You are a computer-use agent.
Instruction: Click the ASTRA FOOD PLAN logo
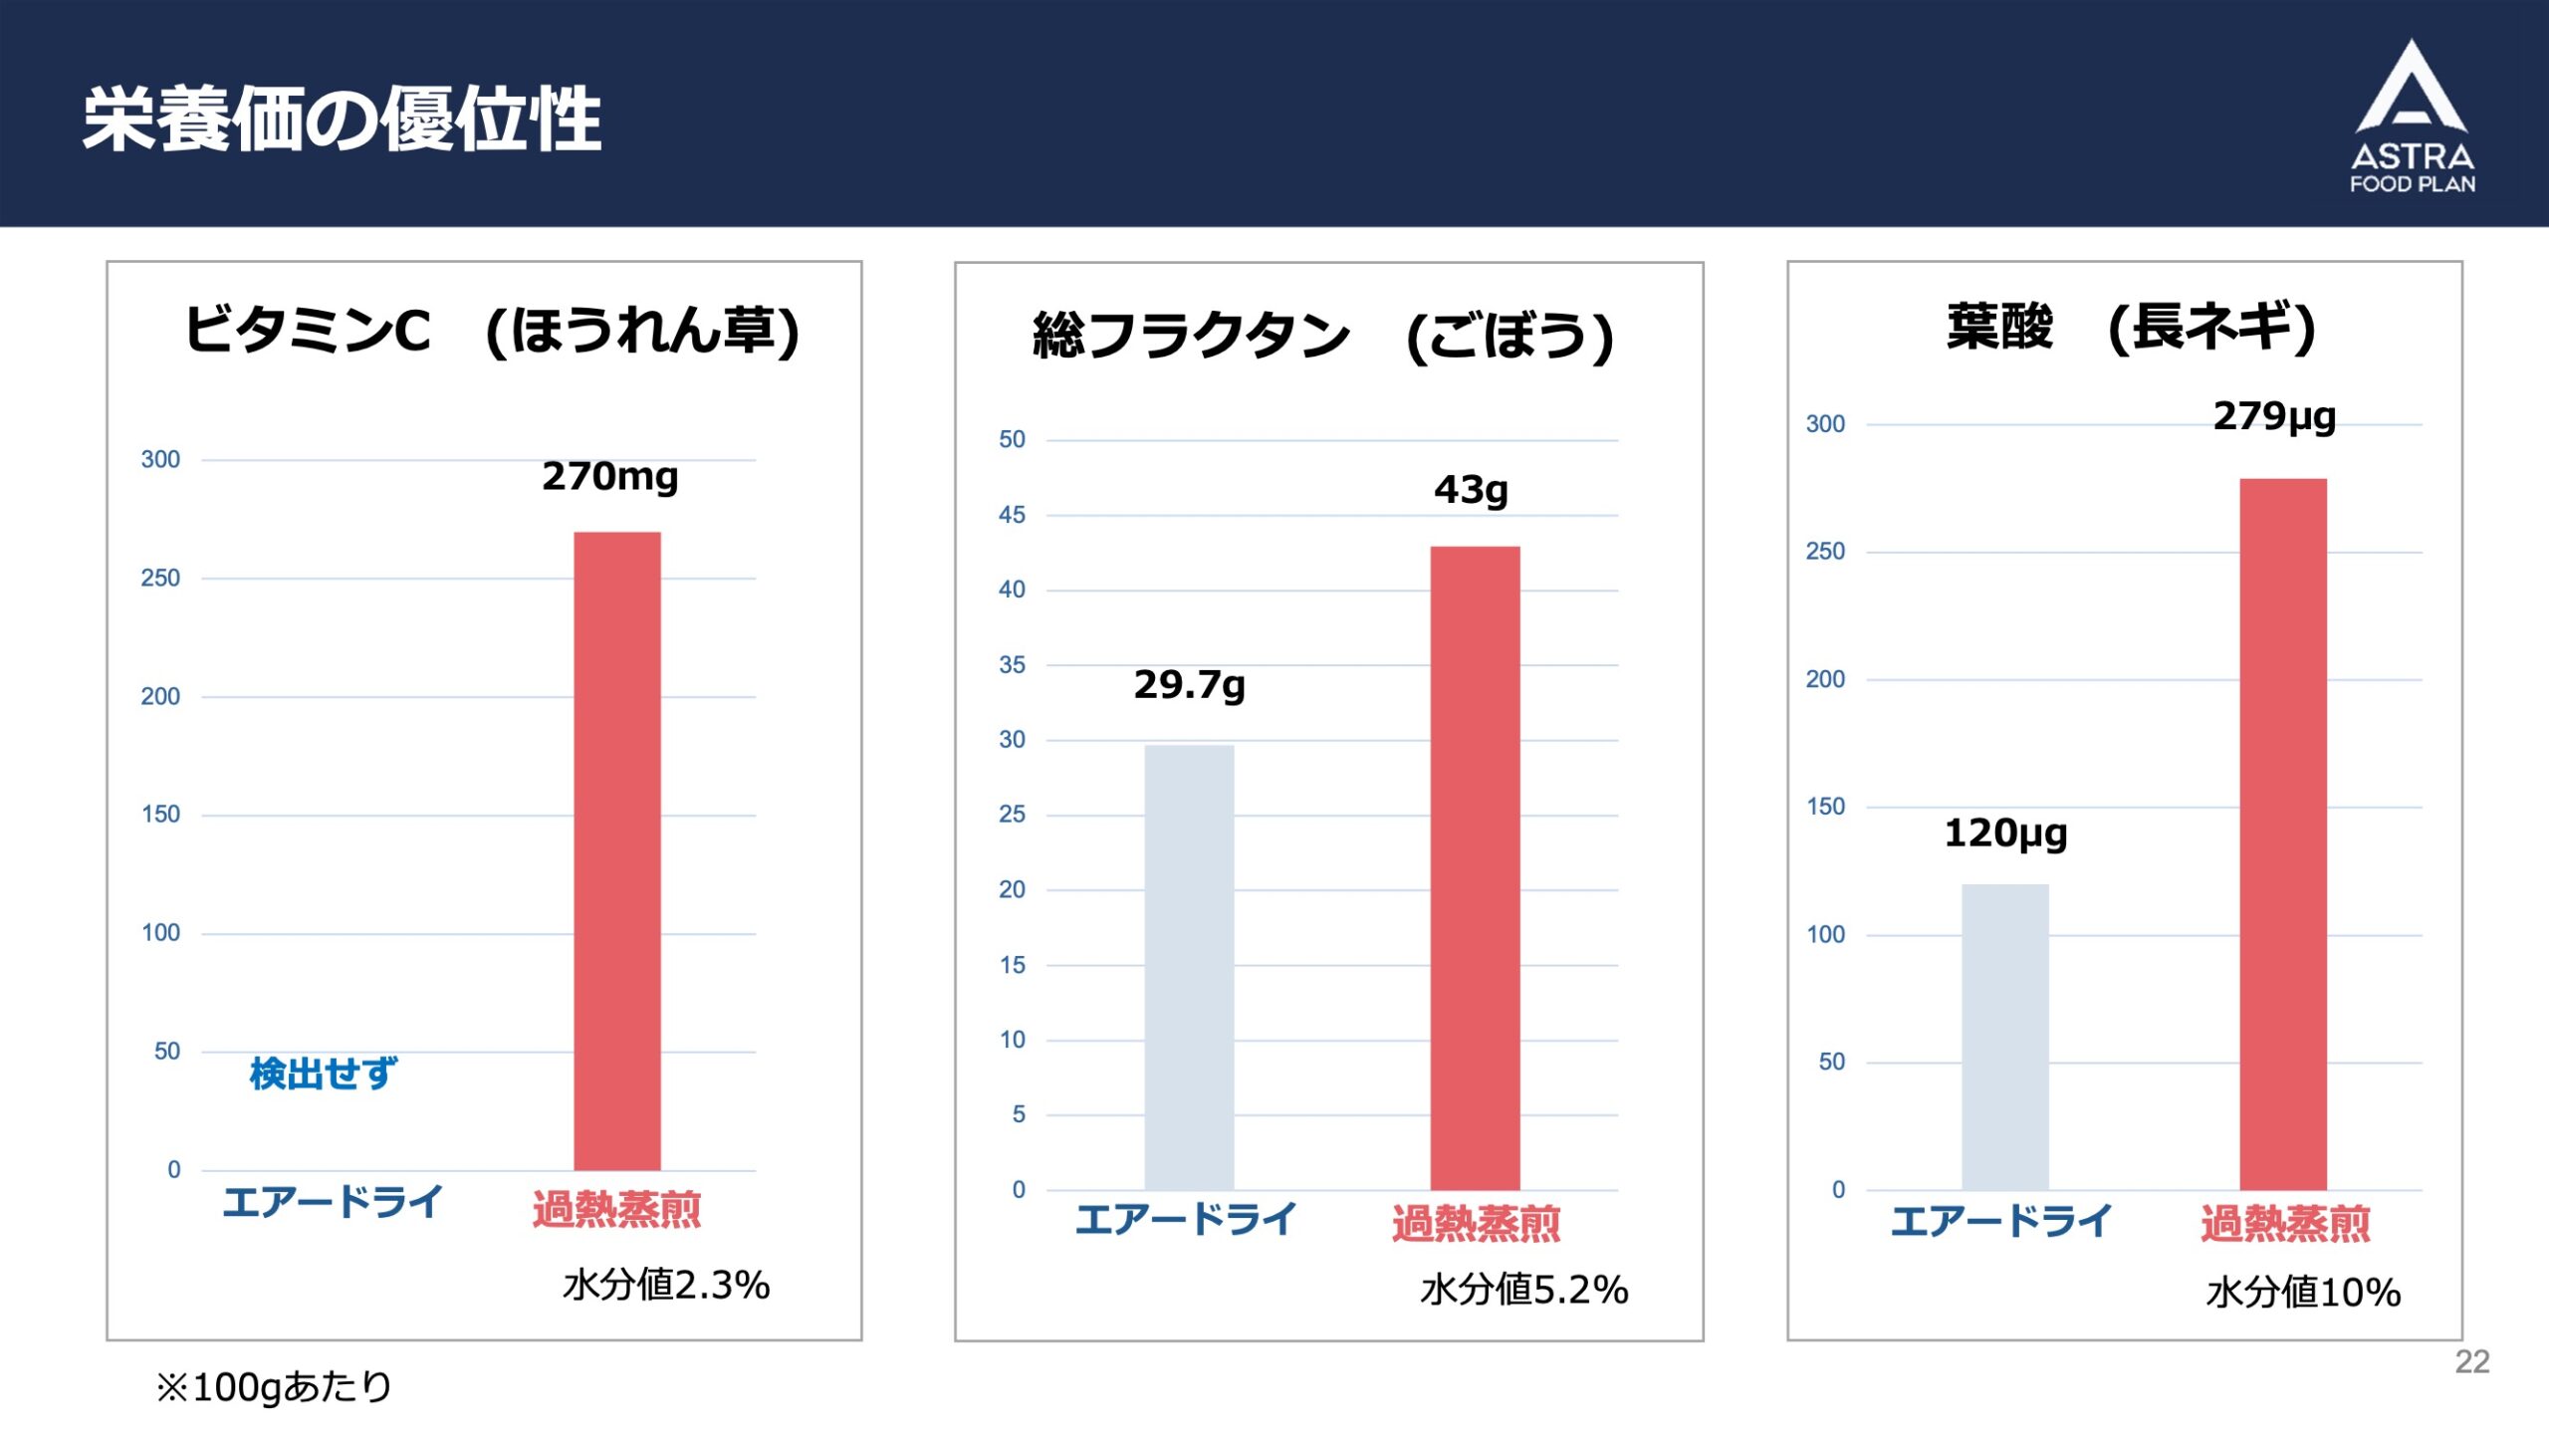(2412, 118)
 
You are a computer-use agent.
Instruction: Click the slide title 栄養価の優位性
(342, 119)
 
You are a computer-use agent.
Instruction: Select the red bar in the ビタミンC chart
(616, 851)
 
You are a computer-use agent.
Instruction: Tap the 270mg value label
(609, 477)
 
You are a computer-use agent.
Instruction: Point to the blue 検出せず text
(323, 1074)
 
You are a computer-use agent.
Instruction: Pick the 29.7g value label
(1189, 685)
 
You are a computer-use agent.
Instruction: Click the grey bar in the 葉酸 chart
(2004, 1036)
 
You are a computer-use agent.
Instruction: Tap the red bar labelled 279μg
(2283, 835)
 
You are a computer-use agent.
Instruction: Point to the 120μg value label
(2005, 834)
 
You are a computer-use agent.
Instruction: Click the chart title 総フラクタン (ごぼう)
(1323, 336)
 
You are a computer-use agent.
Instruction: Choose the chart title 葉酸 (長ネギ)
(2131, 327)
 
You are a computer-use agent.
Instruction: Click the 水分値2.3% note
(666, 1286)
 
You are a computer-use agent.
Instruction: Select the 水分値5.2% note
(1523, 1291)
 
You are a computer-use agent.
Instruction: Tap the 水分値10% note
(2303, 1293)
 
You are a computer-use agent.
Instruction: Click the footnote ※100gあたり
(274, 1387)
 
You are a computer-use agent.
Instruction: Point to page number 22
(2471, 1361)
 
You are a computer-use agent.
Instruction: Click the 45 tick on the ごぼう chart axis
(1012, 515)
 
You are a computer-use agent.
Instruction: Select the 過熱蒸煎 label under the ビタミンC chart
(616, 1209)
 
